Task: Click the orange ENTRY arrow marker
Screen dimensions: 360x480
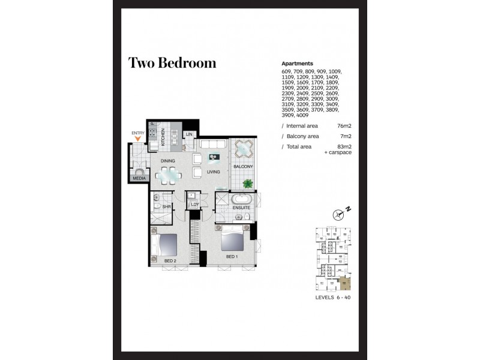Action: point(139,139)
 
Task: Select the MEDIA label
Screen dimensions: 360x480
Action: point(139,178)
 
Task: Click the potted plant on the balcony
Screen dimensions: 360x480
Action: point(247,184)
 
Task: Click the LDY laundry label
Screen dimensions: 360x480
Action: point(194,205)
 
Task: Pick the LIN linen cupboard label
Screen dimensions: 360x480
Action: point(189,134)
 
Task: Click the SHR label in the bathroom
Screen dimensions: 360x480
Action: point(166,206)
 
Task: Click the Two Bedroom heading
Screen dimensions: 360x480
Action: point(172,63)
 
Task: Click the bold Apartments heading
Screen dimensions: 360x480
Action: point(297,64)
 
